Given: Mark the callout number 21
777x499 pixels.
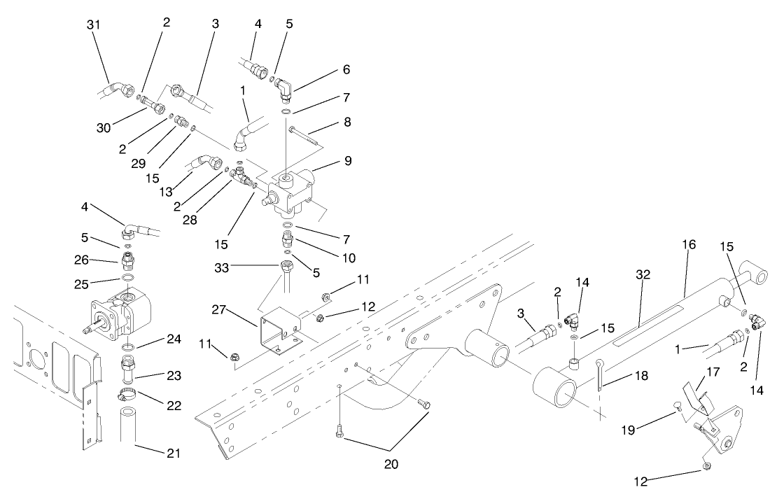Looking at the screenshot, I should (173, 454).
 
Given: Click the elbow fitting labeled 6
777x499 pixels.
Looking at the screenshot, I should (286, 90).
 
